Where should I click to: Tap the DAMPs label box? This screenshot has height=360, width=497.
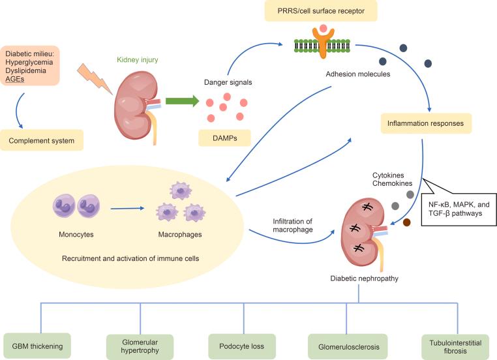[224, 137]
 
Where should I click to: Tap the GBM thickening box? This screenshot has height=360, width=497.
[38, 346]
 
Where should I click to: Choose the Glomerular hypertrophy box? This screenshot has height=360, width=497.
[140, 346]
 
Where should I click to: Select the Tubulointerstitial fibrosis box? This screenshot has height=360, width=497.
[451, 346]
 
